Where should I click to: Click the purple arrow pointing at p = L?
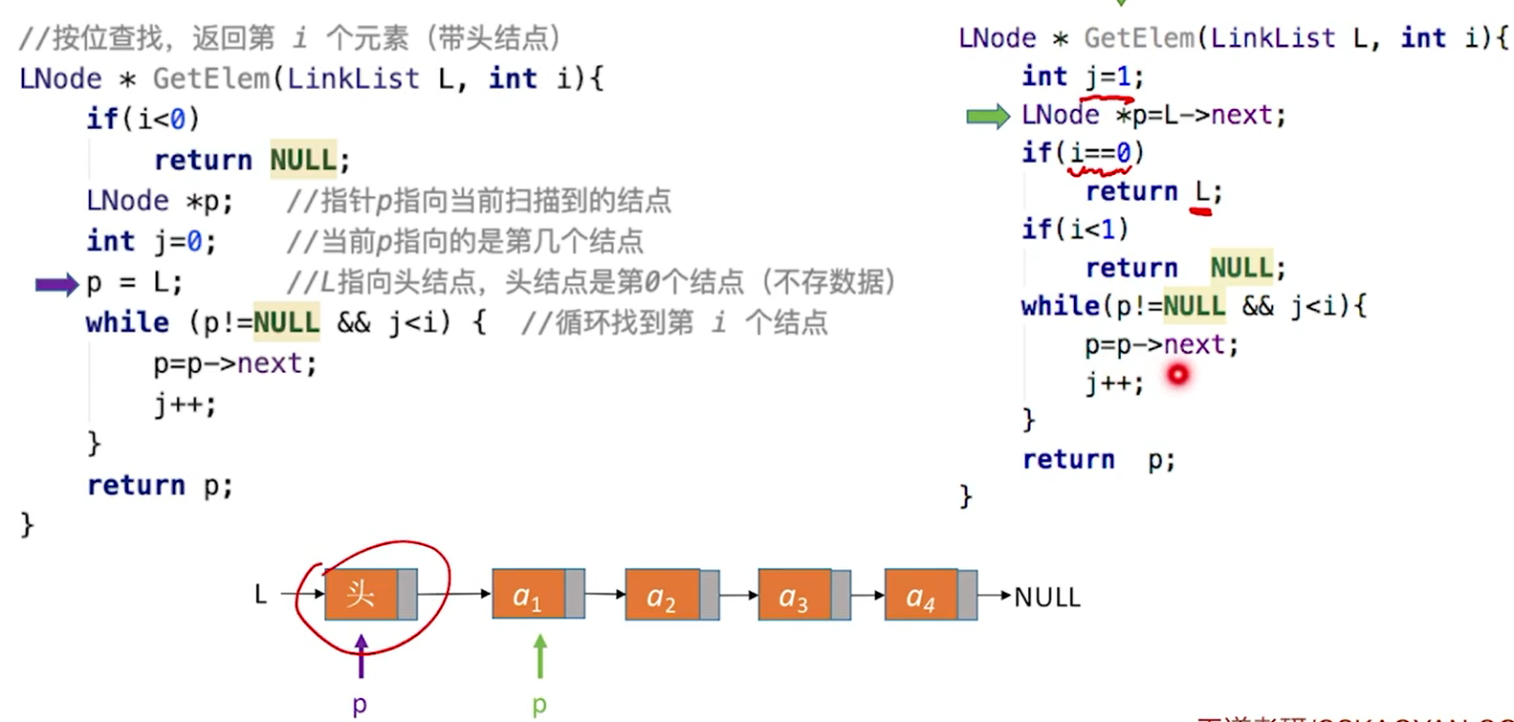pos(55,284)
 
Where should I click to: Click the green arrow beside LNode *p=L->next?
pos(987,117)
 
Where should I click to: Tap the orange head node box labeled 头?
pos(362,595)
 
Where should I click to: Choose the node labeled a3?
pos(794,597)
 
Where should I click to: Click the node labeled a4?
pos(920,596)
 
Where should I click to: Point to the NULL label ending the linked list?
pos(1047,598)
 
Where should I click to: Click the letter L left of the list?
pos(260,595)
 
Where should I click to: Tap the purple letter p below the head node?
pos(360,706)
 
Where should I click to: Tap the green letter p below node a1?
pos(539,706)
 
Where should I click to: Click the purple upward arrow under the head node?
pos(361,656)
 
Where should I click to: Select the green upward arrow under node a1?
pos(540,656)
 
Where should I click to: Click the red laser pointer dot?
pos(1177,375)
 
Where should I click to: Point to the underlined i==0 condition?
pos(1101,153)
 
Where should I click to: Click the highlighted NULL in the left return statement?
pos(302,160)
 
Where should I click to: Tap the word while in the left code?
pos(127,322)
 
